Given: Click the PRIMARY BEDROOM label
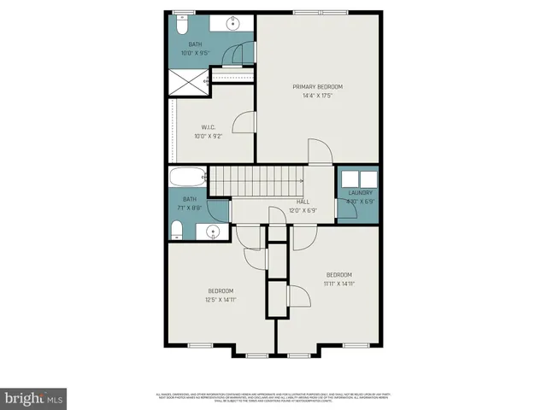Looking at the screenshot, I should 317,87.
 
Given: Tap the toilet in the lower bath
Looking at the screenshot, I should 177,229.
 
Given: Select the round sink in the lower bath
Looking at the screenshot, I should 211,231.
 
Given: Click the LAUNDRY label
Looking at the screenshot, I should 360,193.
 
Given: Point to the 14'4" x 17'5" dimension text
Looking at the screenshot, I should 317,96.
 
